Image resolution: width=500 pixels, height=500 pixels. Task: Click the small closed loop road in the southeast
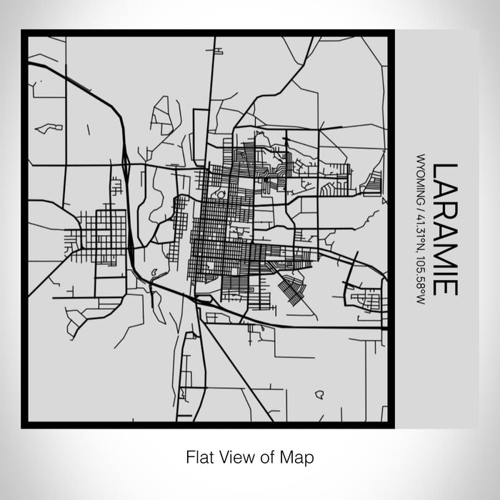pos(319,394)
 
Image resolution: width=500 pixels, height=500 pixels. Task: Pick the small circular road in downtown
pos(220,194)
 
